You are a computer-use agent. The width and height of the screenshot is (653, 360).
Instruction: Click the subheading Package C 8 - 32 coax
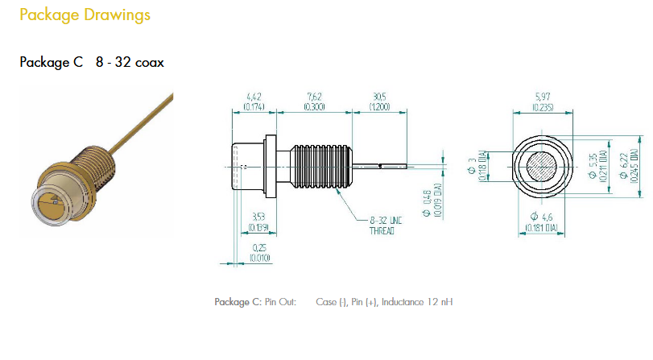click(92, 62)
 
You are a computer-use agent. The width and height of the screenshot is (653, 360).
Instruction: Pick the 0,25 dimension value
click(259, 247)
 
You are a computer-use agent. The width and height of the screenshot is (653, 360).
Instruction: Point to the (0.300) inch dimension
click(314, 107)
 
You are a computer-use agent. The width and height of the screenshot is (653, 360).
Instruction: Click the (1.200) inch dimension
click(379, 107)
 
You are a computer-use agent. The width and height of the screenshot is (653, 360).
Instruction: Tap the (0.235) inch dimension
click(542, 107)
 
